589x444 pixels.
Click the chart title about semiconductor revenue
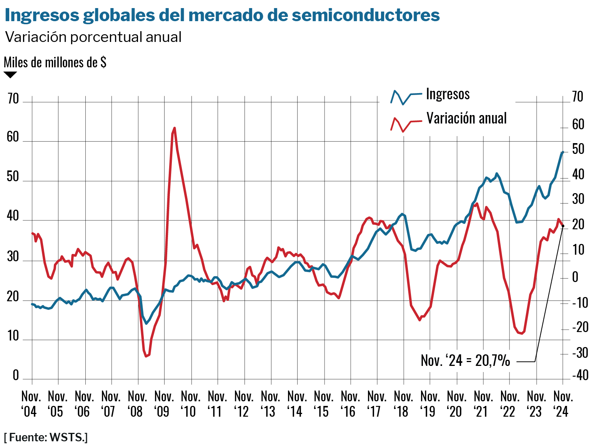coord(222,15)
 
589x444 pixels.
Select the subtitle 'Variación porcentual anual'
coord(93,37)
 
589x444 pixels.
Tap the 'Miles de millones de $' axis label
coord(55,62)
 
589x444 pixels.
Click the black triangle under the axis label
coord(10,75)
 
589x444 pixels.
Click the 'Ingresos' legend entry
coord(448,94)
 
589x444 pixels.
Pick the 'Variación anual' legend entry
coord(466,119)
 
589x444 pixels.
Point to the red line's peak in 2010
coord(175,128)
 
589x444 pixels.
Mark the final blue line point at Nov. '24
coord(562,152)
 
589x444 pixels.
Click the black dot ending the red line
coord(563,226)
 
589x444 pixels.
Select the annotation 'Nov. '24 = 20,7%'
coord(465,361)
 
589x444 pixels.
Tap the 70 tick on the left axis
coord(13,99)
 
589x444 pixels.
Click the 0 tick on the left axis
coord(15,375)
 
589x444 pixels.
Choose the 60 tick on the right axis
coord(578,125)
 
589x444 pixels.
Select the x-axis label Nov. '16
coord(350,404)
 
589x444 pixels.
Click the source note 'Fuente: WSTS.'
coord(46,437)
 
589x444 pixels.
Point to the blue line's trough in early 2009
coord(146,324)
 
